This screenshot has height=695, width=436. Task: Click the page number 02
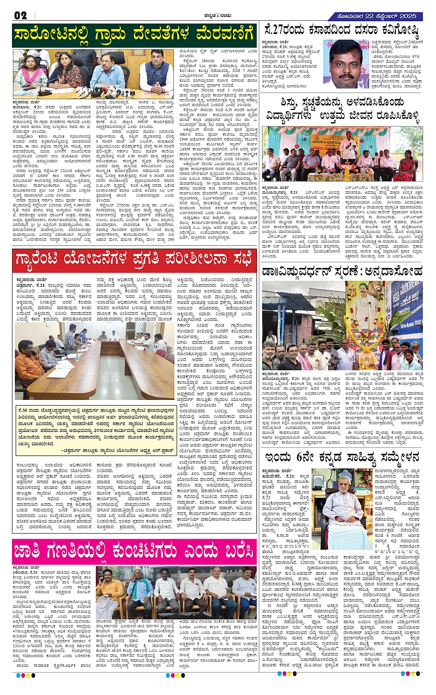click(x=20, y=15)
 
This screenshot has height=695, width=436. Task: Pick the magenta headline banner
click(x=134, y=552)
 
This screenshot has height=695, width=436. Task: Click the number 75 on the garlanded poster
click(x=353, y=296)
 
